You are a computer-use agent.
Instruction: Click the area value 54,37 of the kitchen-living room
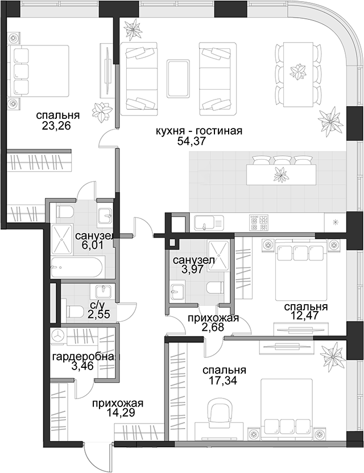point(191,141)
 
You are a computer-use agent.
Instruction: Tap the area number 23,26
point(56,126)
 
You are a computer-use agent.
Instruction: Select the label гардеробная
point(86,357)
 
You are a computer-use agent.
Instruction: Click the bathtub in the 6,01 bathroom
point(78,267)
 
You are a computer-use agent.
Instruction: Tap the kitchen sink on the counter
point(209,223)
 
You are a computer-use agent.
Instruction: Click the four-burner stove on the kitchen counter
point(259,223)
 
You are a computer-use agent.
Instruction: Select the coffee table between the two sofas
point(178,78)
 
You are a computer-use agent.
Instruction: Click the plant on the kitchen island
point(280,174)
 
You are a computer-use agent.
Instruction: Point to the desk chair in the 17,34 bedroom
point(218,410)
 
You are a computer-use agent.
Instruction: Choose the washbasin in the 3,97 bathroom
point(176,292)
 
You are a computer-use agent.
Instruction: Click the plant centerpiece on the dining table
point(297,72)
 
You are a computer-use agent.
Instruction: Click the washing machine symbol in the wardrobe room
point(59,335)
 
